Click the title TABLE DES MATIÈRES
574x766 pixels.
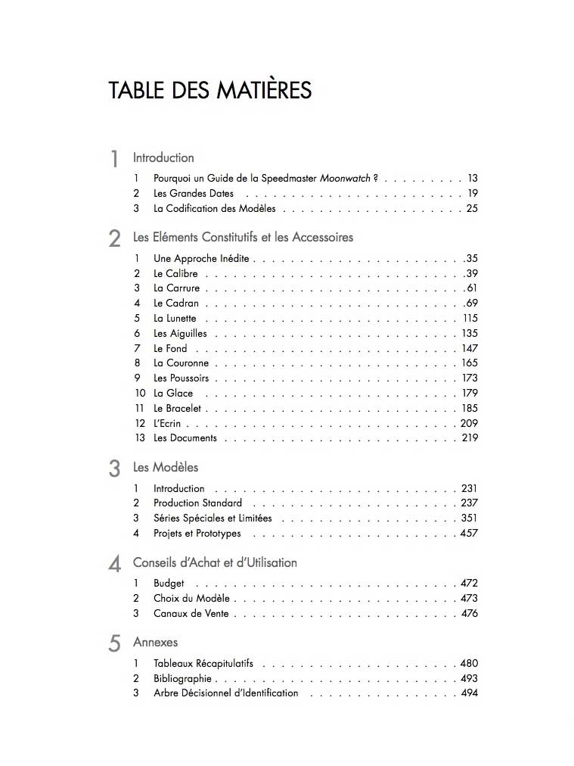click(210, 91)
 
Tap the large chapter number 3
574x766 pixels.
click(114, 469)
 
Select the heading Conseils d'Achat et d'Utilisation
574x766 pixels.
click(215, 562)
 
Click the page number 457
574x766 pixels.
click(469, 533)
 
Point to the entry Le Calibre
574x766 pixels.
click(175, 273)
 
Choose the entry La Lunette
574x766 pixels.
click(175, 319)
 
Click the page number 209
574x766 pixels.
click(469, 423)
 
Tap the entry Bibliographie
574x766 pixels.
click(182, 678)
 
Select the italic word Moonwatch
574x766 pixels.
click(346, 179)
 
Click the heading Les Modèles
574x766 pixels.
click(166, 467)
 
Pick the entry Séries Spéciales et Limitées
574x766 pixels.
click(213, 518)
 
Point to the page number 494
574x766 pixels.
click(469, 693)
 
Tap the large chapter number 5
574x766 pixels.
click(114, 643)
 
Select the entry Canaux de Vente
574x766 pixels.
click(191, 613)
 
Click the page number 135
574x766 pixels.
click(470, 333)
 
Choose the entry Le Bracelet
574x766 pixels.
click(178, 408)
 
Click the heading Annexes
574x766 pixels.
click(156, 642)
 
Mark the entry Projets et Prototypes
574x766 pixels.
click(197, 533)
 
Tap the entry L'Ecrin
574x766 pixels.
click(167, 423)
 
